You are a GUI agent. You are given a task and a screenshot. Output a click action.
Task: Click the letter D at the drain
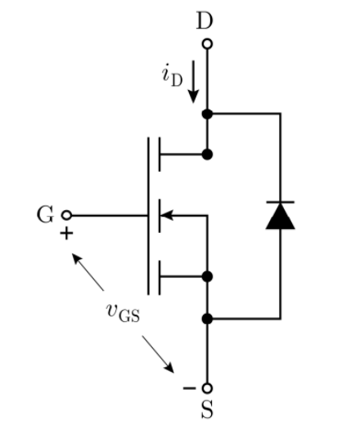205,20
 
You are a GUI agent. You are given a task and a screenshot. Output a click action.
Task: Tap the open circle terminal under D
207,44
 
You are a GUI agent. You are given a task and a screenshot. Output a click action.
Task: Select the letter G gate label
45,215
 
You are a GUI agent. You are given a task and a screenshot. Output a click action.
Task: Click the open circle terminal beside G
66,215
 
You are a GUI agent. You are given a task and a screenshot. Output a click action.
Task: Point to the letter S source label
207,410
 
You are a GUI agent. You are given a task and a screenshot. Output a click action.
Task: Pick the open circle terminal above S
207,388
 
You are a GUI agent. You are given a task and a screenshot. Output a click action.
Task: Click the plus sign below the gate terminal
66,234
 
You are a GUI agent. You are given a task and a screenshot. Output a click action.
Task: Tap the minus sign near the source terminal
189,388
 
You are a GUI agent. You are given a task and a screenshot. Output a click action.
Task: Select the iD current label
172,75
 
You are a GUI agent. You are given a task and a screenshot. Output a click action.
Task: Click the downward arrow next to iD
193,82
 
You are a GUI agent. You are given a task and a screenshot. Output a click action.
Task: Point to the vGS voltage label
123,313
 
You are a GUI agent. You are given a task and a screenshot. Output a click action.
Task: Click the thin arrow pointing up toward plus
88,272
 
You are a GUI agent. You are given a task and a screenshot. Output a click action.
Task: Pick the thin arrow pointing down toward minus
158,354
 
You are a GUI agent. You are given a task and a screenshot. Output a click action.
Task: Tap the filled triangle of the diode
281,216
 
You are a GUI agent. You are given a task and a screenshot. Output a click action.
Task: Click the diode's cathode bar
281,202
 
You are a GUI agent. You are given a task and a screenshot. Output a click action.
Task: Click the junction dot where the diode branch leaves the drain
207,114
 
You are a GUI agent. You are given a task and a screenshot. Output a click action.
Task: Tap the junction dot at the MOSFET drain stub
207,155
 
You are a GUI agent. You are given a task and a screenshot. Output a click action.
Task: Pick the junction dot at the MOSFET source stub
207,276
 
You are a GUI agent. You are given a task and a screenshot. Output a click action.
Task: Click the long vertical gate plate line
148,216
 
